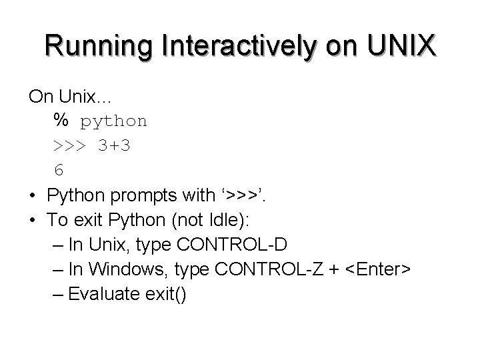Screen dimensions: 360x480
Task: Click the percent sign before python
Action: point(61,121)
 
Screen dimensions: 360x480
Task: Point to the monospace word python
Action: point(114,121)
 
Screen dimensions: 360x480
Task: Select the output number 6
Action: point(59,170)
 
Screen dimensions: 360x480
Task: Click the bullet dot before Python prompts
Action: point(32,196)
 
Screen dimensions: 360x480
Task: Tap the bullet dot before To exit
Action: point(32,220)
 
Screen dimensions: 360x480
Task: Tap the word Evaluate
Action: point(103,293)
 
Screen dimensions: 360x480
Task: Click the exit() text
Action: point(163,293)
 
